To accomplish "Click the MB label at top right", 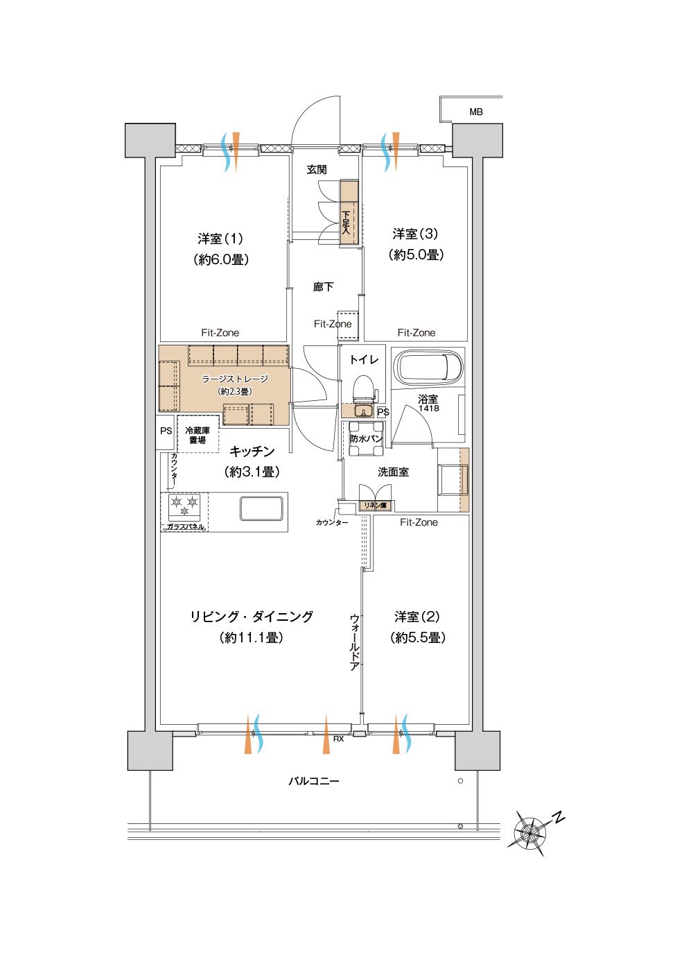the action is point(476,112).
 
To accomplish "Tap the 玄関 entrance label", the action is point(317,169).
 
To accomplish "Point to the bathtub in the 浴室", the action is point(428,366).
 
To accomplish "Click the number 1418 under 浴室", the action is point(428,408).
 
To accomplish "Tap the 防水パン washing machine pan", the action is point(366,438).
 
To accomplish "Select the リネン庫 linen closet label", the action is point(374,506).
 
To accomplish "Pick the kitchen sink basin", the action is point(261,508).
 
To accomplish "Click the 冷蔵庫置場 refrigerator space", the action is point(198,435).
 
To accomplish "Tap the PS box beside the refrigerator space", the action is point(166,432).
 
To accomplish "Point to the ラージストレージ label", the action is point(235,379).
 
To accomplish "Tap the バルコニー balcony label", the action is point(314,781).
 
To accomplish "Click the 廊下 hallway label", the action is point(323,286).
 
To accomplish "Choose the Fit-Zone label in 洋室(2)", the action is point(419,522).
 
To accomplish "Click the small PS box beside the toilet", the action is point(383,412).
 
